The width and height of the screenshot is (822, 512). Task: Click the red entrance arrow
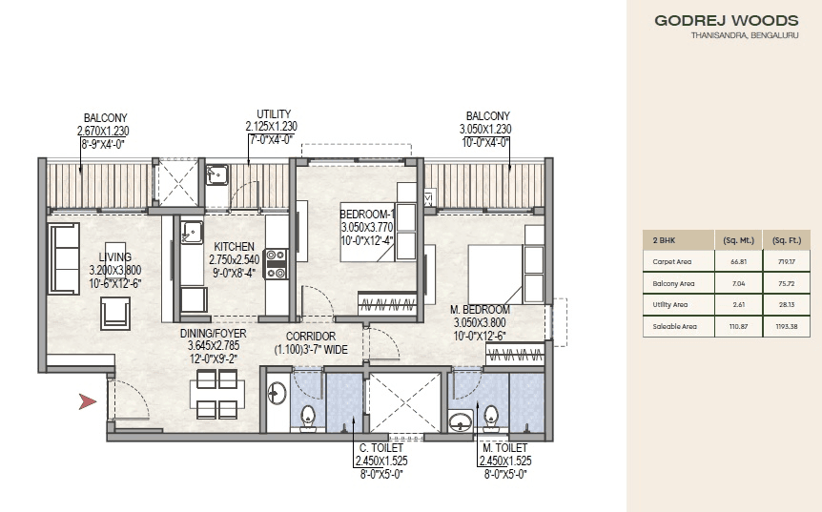point(88,402)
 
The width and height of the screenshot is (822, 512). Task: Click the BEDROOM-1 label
point(367,213)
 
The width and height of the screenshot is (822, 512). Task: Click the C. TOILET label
point(380,447)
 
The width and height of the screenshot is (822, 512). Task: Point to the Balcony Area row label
point(673,282)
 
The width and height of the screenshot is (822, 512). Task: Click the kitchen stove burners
point(277,263)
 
